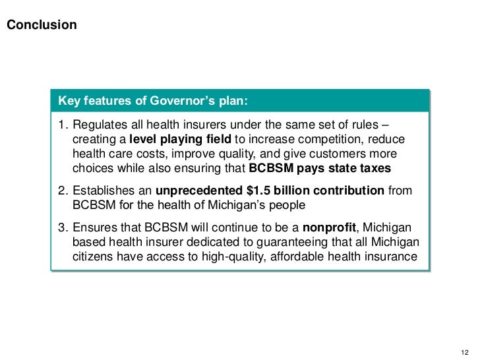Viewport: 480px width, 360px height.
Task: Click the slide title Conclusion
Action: (41, 26)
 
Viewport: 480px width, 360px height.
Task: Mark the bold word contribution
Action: (349, 192)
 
